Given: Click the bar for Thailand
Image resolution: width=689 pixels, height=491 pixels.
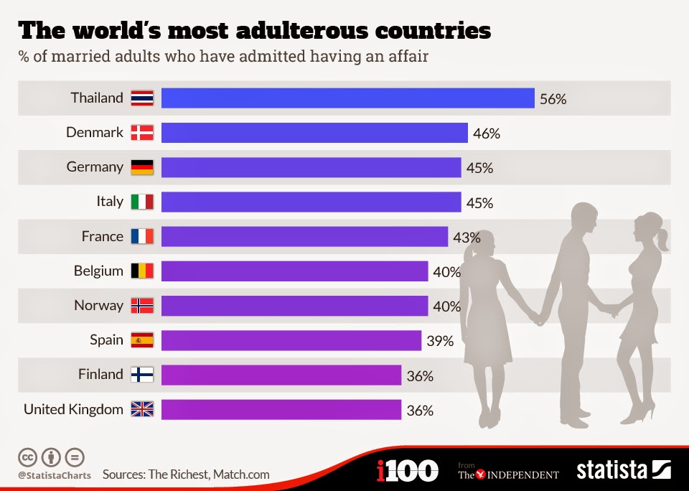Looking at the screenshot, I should pos(347,98).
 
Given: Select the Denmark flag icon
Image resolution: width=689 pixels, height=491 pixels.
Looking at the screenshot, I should pos(142,133).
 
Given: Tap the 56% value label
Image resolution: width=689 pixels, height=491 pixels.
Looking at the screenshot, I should pos(553,99).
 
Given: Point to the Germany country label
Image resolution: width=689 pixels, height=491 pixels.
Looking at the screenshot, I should pos(95,167).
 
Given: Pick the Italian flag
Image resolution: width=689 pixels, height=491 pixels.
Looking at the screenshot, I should pos(142,202).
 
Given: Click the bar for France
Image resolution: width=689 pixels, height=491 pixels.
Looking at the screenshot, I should pos(304,236).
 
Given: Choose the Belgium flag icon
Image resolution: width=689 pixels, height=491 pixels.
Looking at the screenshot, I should pos(142,271).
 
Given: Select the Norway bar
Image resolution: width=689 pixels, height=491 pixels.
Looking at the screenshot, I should pos(294,306).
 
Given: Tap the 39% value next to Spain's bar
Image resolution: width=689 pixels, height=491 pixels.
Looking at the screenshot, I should pos(440,341).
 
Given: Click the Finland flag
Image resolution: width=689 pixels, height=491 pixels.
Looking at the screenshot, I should pos(142,375).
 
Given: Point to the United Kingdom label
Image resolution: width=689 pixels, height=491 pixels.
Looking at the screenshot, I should pos(73,409).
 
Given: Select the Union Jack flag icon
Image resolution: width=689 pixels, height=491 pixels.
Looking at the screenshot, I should pos(142,409).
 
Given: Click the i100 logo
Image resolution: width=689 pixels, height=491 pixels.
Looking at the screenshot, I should pos(407,471).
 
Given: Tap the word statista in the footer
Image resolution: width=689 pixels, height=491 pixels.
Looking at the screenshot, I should pos(611,471).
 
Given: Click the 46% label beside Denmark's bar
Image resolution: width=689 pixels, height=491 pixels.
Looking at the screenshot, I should pos(487,134).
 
